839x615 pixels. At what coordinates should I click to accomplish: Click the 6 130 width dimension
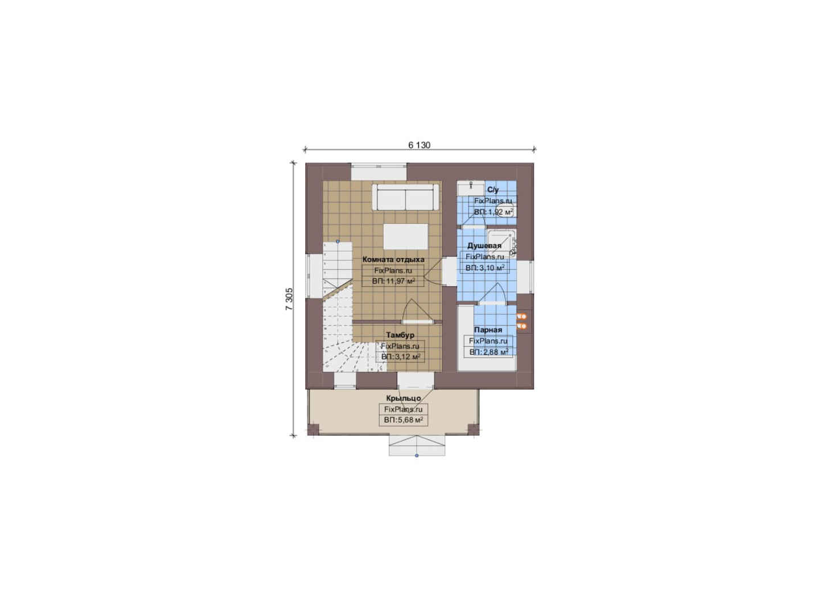pos(419,145)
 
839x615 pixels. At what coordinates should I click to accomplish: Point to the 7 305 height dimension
pos(289,299)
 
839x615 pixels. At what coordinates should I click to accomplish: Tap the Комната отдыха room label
pos(393,259)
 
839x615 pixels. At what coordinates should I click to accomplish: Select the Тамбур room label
pos(400,335)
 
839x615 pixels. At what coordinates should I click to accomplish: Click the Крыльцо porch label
pos(404,398)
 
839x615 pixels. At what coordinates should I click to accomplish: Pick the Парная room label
pos(488,330)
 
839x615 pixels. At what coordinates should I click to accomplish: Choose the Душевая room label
pos(484,246)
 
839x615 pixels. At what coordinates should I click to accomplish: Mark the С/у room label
pos(493,190)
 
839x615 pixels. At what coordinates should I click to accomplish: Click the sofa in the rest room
pos(405,197)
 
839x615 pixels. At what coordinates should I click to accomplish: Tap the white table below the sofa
pos(406,236)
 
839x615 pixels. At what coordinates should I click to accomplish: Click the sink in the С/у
pos(471,188)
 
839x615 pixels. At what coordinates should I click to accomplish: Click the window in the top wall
pos(379,172)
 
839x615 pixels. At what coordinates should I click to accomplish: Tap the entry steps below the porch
pos(417,445)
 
